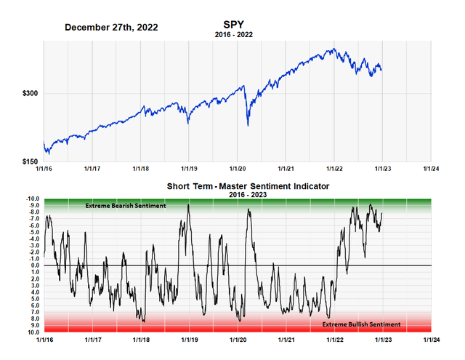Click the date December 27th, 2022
[111, 27]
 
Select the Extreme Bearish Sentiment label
[126, 206]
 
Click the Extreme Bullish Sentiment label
[361, 324]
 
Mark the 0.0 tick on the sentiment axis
[33, 265]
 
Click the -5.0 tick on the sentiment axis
[33, 233]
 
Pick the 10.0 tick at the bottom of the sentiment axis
[33, 332]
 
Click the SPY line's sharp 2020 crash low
[248, 125]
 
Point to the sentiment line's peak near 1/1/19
[188, 205]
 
